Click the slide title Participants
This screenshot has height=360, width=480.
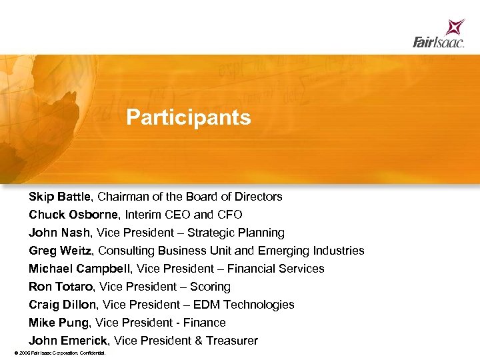[189, 118]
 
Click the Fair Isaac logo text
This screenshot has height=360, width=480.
[438, 43]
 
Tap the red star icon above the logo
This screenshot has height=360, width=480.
[456, 27]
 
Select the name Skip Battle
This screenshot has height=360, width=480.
[61, 197]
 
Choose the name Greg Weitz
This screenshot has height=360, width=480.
[61, 251]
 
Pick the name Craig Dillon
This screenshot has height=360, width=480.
[62, 305]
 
